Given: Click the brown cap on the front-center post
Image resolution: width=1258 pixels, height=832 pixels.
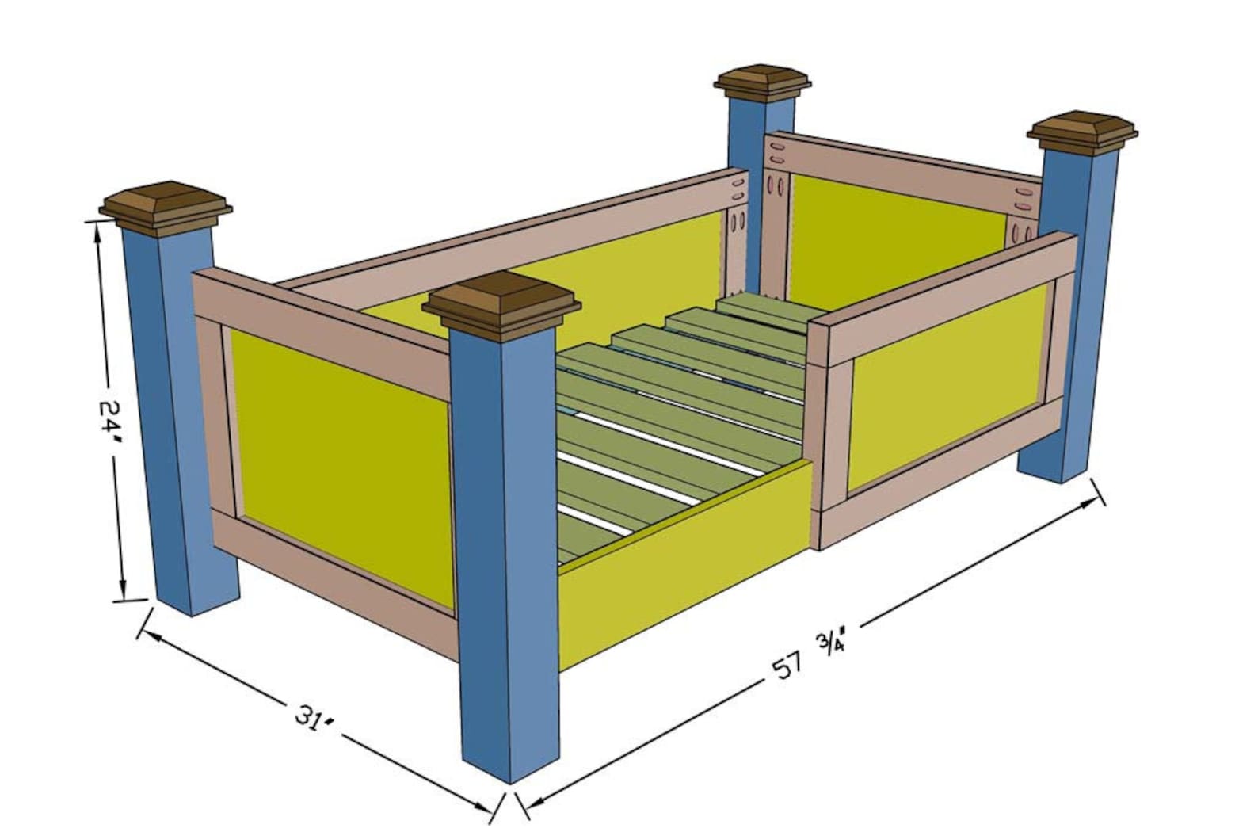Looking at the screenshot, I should click(x=501, y=304).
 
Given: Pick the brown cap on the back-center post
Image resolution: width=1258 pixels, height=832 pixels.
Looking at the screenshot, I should click(x=763, y=82).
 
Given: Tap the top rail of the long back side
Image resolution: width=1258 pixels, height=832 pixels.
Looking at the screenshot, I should click(x=515, y=222).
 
